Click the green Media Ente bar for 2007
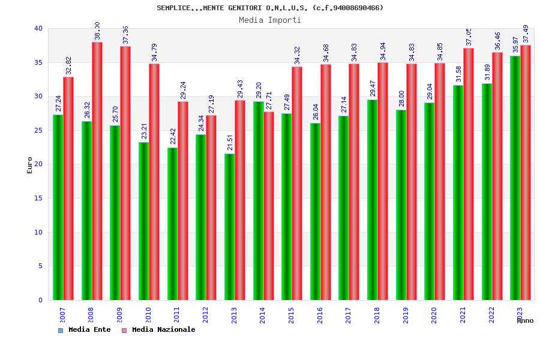point(58,207)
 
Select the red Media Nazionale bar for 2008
point(97,171)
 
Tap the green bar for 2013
point(229,227)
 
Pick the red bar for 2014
point(269,206)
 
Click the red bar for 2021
point(469,174)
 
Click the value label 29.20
point(259,91)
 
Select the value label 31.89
point(487,72)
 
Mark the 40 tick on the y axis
point(38,28)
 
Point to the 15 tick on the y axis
point(38,198)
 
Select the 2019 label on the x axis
point(406,314)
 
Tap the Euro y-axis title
point(30,165)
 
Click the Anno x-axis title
point(525,320)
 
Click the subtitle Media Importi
point(270,20)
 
